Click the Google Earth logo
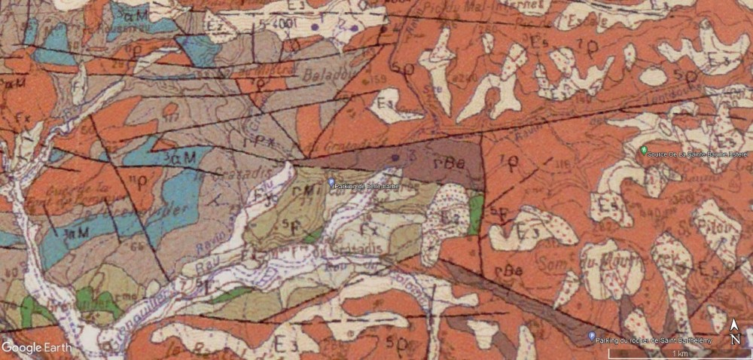click(x=36, y=347)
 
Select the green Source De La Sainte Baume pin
click(x=643, y=151)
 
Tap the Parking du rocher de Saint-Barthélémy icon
click(x=591, y=337)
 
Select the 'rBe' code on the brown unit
click(x=448, y=162)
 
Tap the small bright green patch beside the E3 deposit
click(x=474, y=214)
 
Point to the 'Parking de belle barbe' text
click(x=368, y=185)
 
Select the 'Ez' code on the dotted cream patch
click(x=450, y=217)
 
